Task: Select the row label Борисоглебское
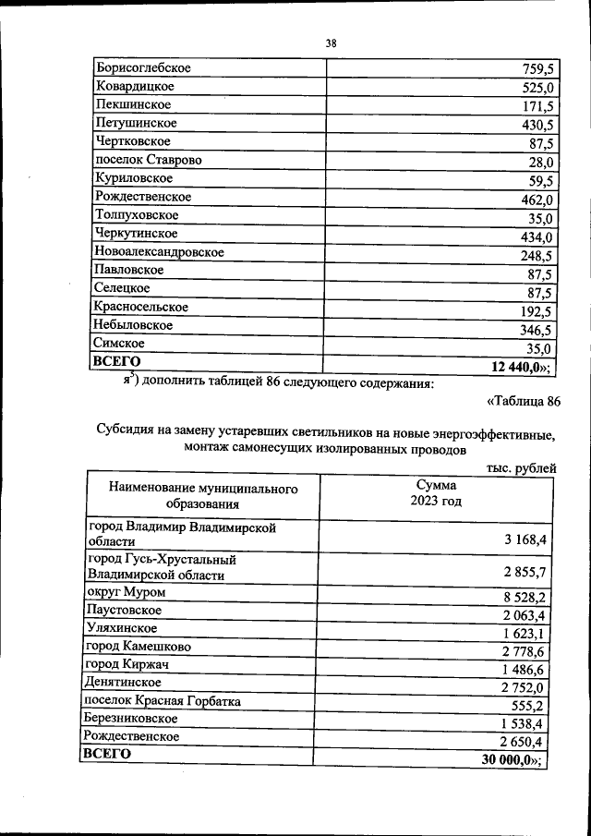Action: [142, 68]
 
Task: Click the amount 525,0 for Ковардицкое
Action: [536, 89]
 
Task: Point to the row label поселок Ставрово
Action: [148, 160]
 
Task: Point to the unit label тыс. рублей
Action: [521, 468]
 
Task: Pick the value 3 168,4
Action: [526, 539]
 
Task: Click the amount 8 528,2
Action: [526, 598]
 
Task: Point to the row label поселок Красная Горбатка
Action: [162, 701]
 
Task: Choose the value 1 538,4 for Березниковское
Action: [526, 723]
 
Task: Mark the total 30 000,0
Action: [513, 759]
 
